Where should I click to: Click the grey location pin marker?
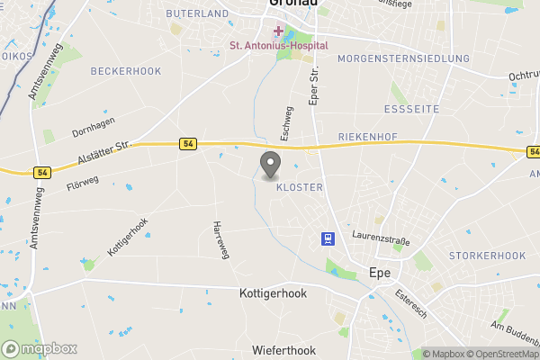tap(269, 165)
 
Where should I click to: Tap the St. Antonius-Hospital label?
tap(279, 45)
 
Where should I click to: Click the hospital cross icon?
tap(279, 31)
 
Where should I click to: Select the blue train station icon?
tap(326, 238)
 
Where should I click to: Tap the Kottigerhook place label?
tap(274, 293)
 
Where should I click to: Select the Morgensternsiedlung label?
tap(403, 58)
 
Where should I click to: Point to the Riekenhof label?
tap(367, 137)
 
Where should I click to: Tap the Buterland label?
tap(198, 13)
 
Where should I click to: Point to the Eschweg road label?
tap(288, 123)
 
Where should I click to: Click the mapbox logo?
tap(40, 348)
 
